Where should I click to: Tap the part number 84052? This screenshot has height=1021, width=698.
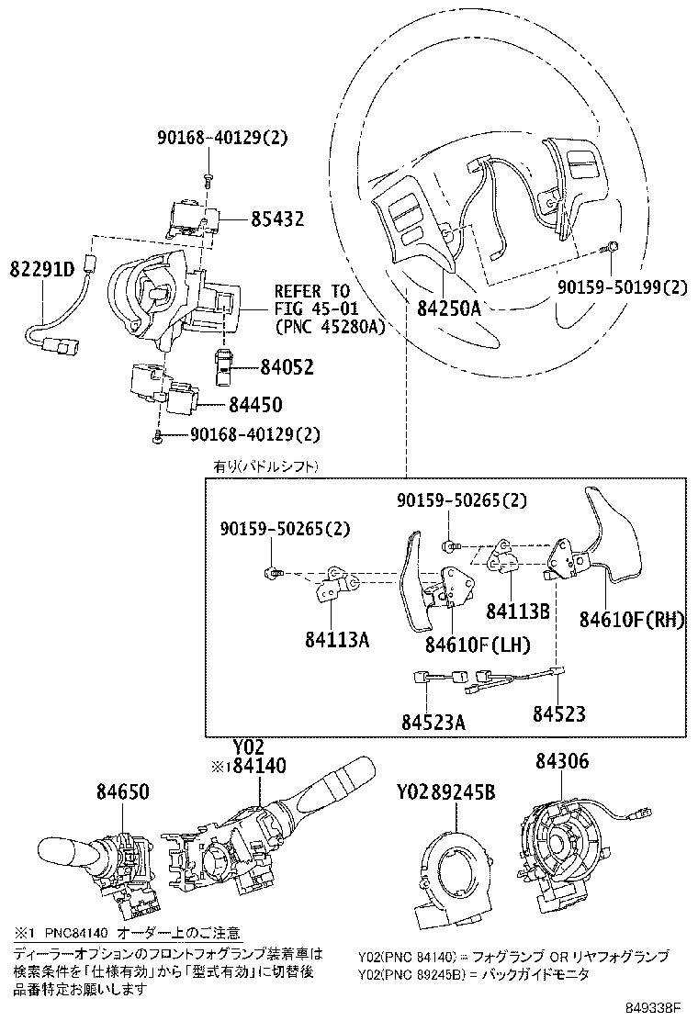(x=286, y=368)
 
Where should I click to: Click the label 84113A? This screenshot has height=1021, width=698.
(x=337, y=640)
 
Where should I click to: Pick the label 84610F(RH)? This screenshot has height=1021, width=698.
(x=632, y=621)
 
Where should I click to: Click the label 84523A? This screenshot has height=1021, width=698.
(x=433, y=722)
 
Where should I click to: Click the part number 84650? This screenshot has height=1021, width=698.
(x=122, y=791)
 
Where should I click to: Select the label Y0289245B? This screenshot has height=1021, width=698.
(x=446, y=791)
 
